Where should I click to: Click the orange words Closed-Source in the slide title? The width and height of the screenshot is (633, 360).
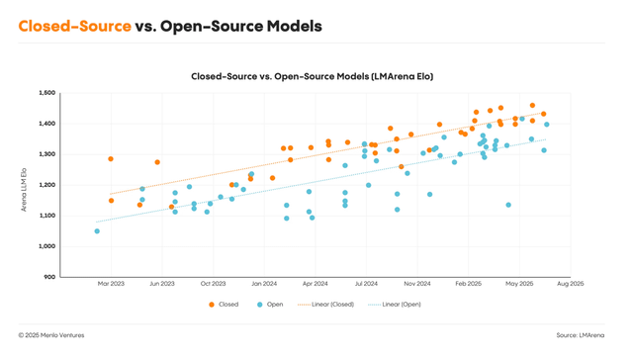[74, 25]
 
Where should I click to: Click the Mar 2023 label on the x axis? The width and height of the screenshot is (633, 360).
[111, 284]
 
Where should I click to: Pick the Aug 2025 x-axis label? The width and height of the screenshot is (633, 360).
[570, 284]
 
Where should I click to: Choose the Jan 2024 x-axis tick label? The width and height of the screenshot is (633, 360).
[263, 284]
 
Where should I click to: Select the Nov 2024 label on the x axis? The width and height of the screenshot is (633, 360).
[416, 284]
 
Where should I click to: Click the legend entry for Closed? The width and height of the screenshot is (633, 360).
[223, 305]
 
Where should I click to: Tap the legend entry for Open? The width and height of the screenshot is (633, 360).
[269, 305]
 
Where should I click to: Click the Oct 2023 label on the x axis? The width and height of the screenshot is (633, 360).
[213, 284]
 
